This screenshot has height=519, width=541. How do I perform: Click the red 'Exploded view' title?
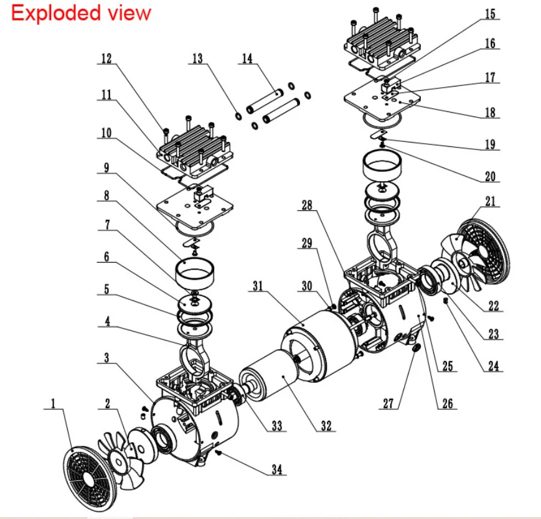point(81,13)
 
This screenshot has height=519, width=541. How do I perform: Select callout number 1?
point(54,404)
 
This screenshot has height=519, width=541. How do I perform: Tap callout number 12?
point(106,58)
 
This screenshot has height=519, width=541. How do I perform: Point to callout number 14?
point(248,58)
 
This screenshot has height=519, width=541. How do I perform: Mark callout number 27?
point(388,404)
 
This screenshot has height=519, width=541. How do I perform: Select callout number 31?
point(257,285)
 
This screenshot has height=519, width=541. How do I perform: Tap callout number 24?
point(492,366)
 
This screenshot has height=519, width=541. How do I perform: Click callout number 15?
point(491,13)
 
